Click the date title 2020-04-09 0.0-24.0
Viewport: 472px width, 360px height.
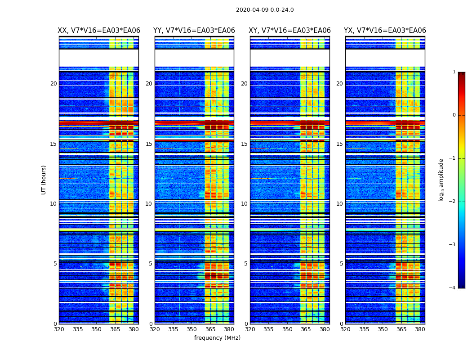(x=265, y=10)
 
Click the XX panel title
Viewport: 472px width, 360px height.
(x=99, y=31)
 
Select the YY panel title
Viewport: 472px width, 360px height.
(x=194, y=31)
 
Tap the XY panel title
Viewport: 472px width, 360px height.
(x=290, y=31)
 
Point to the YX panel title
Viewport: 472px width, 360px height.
(x=385, y=31)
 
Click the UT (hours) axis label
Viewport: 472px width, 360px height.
(x=44, y=180)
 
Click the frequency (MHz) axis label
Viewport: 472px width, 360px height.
(x=217, y=338)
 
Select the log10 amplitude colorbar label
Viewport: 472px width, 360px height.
(x=441, y=180)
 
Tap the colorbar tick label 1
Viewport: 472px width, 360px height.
(x=454, y=72)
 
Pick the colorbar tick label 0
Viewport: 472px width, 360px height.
(x=454, y=115)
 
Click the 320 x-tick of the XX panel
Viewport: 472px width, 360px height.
(x=59, y=329)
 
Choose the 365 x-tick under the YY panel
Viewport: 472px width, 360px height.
(x=210, y=329)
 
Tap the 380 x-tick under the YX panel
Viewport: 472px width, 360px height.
(x=420, y=329)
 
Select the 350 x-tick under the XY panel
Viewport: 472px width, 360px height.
(x=287, y=329)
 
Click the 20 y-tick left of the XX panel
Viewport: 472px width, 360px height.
(x=53, y=84)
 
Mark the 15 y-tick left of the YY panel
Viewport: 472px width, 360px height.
(x=149, y=144)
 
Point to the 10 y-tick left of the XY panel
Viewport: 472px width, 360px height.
(x=244, y=204)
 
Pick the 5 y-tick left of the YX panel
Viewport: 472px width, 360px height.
(x=341, y=264)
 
